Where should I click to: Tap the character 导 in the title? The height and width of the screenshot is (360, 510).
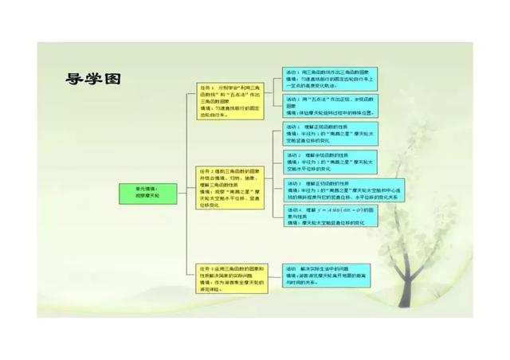(x=76, y=79)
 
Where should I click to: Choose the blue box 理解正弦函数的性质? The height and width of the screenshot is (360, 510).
(x=331, y=133)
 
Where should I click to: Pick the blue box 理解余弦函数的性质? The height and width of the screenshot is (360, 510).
(x=331, y=161)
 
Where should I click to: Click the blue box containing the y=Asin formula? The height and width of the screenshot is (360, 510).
(x=331, y=217)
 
